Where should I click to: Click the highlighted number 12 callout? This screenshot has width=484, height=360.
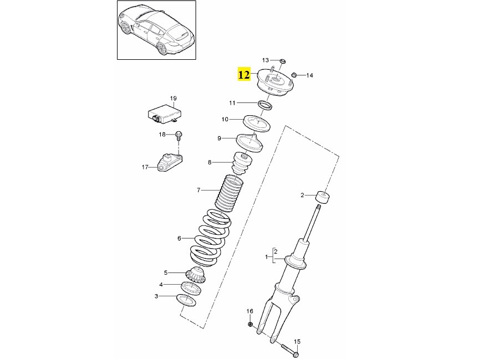tap(243, 74)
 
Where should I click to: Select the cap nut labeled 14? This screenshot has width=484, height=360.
tap(294, 75)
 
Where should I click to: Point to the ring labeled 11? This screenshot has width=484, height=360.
tap(265, 105)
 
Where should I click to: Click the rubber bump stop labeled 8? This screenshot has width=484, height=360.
tap(242, 163)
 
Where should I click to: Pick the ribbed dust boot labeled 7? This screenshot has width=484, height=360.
tap(229, 193)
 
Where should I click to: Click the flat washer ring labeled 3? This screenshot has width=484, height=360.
tap(186, 301)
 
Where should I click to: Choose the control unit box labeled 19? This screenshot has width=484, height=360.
tap(164, 114)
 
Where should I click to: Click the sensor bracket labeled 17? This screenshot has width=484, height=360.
tap(170, 162)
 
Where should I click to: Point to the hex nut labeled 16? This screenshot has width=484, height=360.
tap(251, 324)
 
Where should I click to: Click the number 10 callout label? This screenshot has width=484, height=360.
tap(225, 119)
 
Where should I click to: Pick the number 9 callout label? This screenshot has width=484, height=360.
tap(219, 138)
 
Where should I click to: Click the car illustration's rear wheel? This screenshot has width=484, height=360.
tap(162, 48)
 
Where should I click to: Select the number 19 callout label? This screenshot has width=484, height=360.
tap(173, 99)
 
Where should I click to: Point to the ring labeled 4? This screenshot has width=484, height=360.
tap(191, 289)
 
